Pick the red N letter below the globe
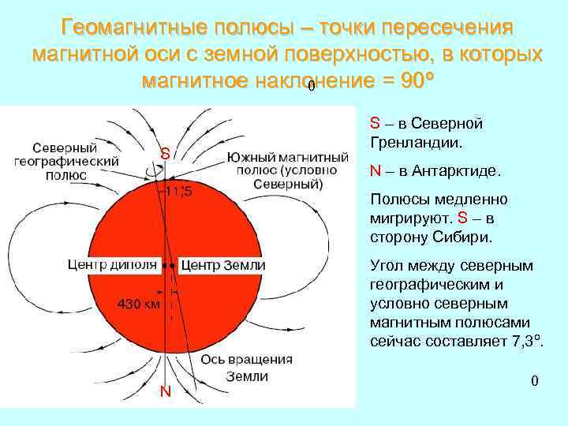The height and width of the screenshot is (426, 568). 165,392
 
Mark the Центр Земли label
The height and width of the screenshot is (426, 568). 223,265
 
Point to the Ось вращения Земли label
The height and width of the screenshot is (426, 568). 247,368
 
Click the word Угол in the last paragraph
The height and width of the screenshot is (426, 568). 387,265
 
